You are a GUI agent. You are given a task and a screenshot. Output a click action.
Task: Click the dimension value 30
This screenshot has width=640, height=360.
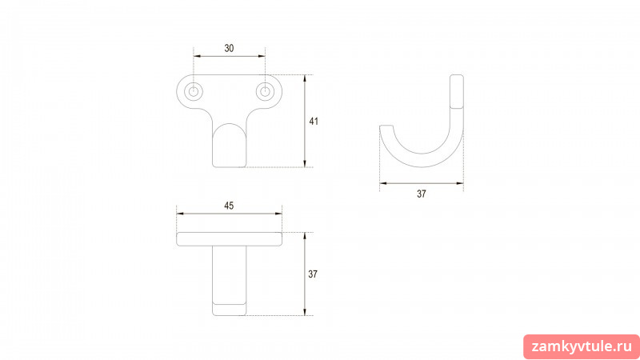(229, 48)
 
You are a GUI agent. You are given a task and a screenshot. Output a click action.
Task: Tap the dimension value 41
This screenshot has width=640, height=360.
(314, 122)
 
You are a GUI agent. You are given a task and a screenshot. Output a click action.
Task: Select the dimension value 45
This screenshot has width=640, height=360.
(229, 206)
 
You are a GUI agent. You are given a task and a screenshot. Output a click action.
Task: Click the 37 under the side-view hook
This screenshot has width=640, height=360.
(422, 194)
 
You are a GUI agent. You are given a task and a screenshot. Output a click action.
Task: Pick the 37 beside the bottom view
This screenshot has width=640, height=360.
(313, 274)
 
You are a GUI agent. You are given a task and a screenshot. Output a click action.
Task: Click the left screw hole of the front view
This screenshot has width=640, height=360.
(194, 91)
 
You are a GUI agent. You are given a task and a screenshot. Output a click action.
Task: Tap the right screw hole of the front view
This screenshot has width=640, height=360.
(266, 91)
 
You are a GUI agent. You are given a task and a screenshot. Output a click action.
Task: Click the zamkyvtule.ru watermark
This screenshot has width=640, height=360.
(582, 347)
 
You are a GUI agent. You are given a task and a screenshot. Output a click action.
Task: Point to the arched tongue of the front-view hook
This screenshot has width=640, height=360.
(230, 145)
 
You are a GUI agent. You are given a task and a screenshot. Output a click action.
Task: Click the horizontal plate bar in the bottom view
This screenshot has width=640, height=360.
(229, 239)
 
